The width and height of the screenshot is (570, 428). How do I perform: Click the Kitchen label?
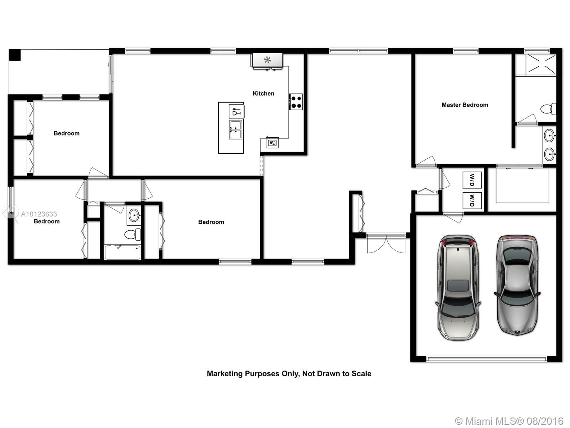[263, 93]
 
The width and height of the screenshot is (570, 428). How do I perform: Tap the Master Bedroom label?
[465, 105]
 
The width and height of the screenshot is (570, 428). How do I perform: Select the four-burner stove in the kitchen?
[296, 102]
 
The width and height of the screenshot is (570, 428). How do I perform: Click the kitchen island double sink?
[236, 129]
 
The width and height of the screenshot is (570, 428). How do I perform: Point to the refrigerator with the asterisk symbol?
[267, 61]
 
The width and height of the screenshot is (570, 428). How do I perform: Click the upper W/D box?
[472, 180]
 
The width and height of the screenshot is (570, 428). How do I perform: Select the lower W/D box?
[472, 200]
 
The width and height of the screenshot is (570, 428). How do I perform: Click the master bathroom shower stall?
[541, 64]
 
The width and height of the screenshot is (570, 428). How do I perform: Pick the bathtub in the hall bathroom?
[123, 252]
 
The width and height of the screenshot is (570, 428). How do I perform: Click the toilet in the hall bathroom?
[133, 234]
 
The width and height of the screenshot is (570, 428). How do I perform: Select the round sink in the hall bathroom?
[134, 215]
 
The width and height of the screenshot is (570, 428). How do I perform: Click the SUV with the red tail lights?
[458, 288]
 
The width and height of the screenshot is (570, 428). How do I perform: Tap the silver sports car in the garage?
[517, 285]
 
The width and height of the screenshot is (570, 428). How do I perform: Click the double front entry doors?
[386, 243]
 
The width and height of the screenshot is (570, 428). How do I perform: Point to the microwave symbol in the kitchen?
[272, 143]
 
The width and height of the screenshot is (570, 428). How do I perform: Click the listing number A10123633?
[39, 214]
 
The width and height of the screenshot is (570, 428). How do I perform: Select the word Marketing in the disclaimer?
[225, 374]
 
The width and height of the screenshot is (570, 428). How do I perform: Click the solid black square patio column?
[15, 55]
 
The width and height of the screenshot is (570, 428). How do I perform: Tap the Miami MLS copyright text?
[509, 421]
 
